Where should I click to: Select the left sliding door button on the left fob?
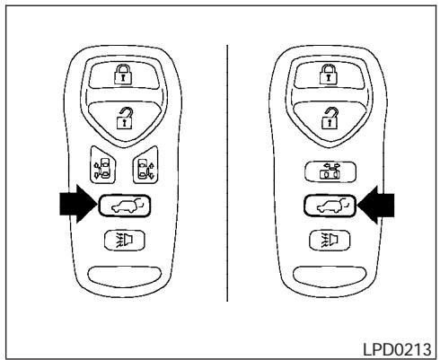[x=101, y=168]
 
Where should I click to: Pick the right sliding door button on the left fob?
[x=143, y=168]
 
